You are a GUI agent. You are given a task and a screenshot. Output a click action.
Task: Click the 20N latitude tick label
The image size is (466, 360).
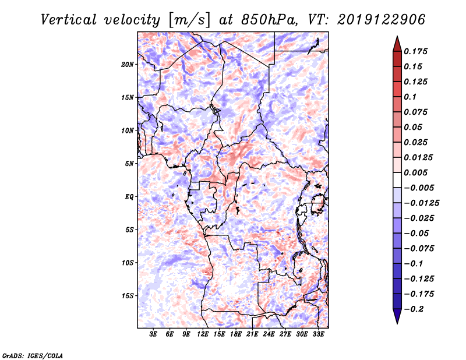128,64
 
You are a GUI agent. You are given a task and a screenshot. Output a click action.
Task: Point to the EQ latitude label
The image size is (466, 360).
129,196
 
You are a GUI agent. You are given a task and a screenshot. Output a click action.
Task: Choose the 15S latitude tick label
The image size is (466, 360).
128,296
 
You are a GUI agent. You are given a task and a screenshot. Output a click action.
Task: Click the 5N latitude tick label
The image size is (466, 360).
129,164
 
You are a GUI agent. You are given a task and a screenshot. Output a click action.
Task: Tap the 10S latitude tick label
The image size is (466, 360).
128,263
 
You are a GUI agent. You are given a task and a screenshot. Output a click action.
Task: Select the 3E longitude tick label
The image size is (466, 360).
154,335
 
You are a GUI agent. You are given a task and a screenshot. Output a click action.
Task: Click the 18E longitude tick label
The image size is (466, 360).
236,335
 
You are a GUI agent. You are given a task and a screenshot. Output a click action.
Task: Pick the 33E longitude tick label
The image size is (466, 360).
318,335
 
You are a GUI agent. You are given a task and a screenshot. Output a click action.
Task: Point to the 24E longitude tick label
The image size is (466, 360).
269,335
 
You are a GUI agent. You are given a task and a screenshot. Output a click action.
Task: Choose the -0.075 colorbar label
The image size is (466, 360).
421,248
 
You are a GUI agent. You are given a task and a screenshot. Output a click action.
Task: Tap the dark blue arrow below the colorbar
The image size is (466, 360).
397,317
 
